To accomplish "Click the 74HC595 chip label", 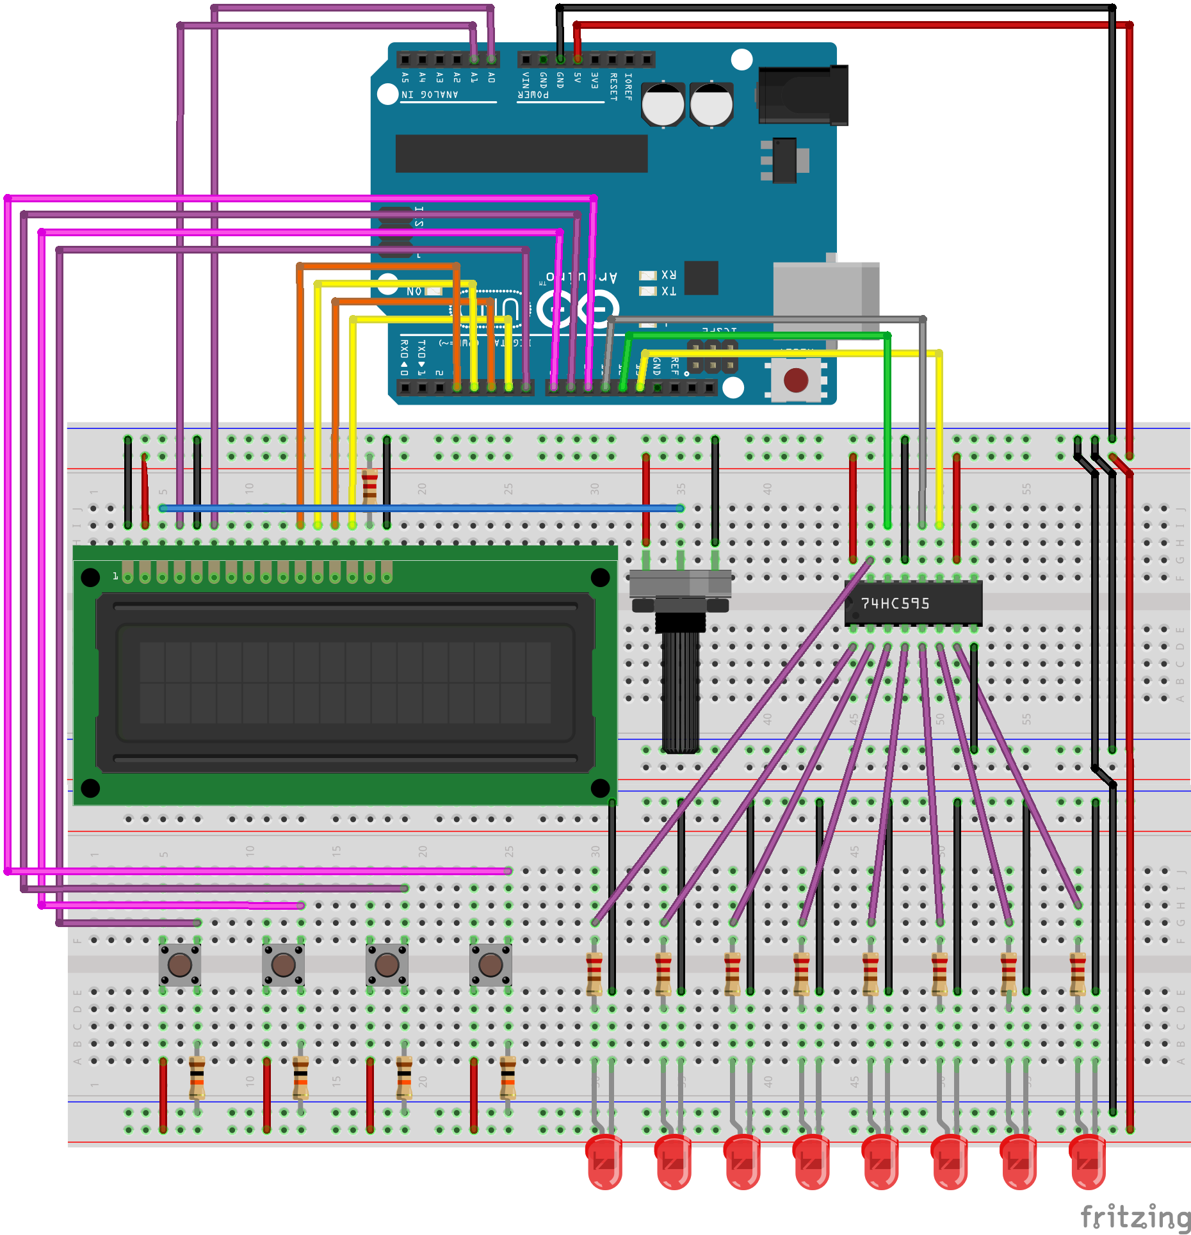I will click(895, 603).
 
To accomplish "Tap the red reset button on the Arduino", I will click(796, 380).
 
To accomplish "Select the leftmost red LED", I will click(604, 1162).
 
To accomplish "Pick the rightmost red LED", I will click(1087, 1162).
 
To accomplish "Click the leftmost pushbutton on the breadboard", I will click(180, 964).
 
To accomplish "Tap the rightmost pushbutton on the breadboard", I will click(490, 964).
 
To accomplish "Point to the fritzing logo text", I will click(1135, 1216).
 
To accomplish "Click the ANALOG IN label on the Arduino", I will click(430, 95).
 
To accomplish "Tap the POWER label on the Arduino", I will click(533, 95).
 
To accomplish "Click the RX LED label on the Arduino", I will click(668, 275).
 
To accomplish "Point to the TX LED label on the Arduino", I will click(668, 291).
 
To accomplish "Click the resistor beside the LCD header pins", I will click(369, 487).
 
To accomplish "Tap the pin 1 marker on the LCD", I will click(115, 576).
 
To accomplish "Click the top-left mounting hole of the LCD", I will click(90, 577).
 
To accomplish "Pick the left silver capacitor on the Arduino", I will click(663, 104).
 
